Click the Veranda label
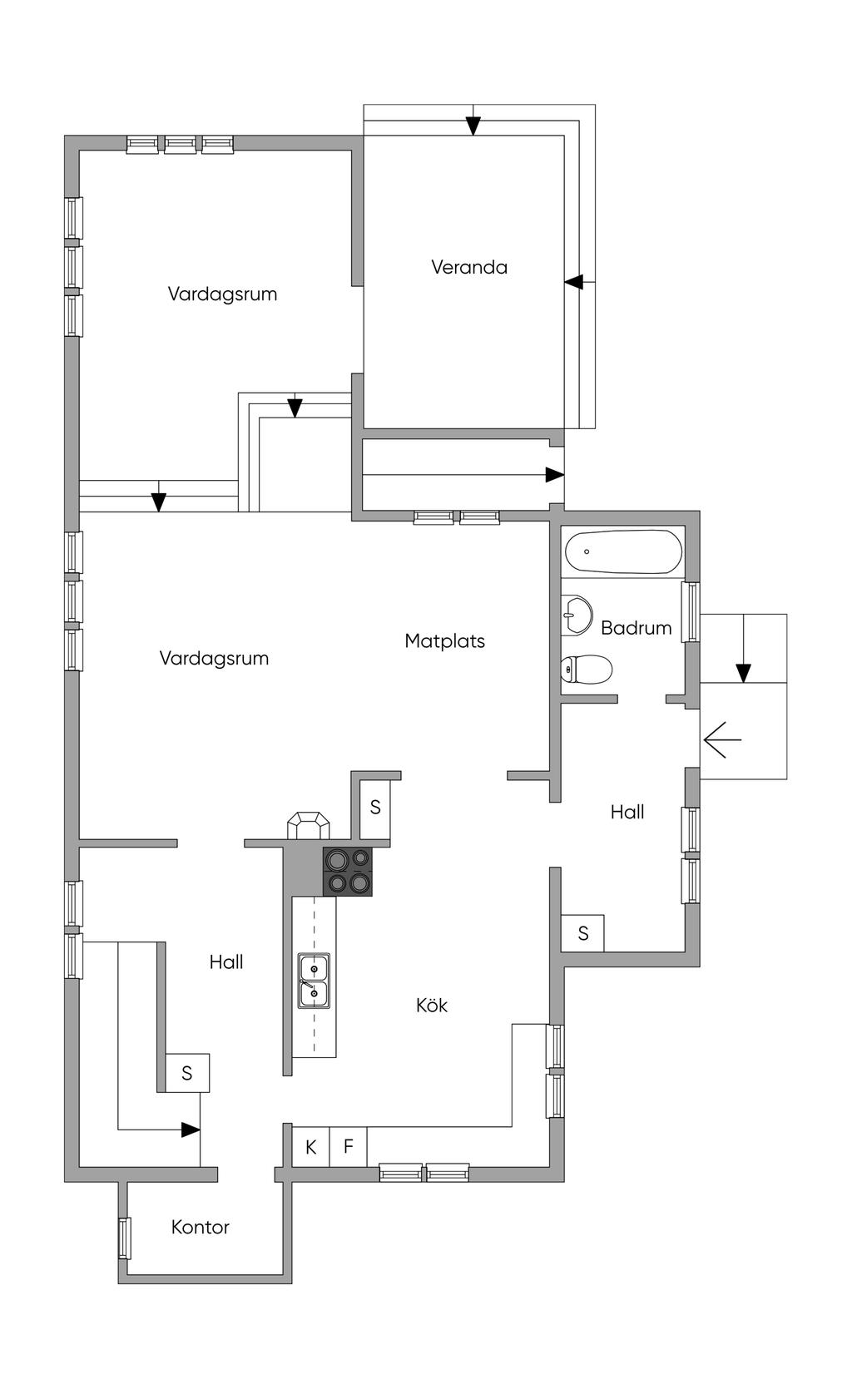(469, 267)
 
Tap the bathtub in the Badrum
(623, 552)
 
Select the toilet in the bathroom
(587, 668)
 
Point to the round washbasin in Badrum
(575, 615)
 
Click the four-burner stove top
(348, 871)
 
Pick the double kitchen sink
(314, 981)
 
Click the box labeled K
(310, 1147)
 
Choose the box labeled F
(349, 1147)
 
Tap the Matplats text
(444, 640)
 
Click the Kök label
(432, 1005)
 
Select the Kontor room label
(200, 1227)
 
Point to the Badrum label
(636, 628)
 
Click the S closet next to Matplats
(375, 807)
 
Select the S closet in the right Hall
(583, 933)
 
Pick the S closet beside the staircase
(187, 1073)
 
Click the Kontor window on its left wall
(125, 1238)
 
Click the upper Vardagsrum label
(222, 294)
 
